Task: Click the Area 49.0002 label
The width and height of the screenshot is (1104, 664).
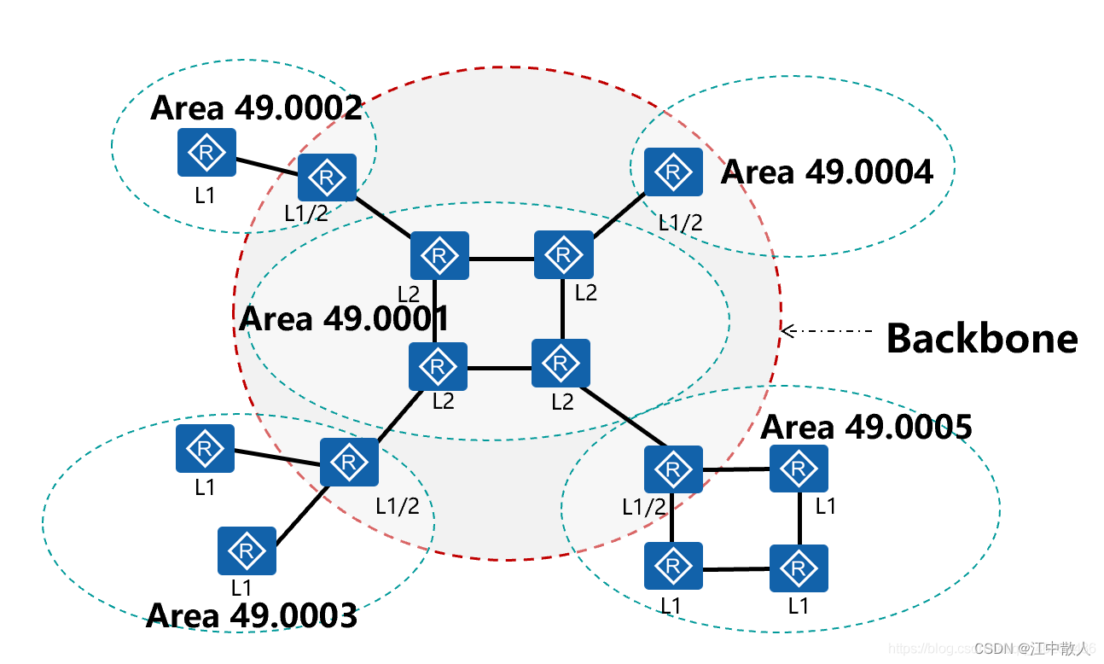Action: [x=257, y=108]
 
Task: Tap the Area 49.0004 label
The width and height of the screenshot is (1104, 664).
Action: [x=827, y=172]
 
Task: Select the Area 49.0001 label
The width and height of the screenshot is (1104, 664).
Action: [x=344, y=318]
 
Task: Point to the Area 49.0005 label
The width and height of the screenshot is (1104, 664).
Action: [x=866, y=427]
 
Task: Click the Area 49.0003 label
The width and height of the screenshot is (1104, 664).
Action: [x=252, y=615]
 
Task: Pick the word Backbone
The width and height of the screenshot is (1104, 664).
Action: [x=982, y=338]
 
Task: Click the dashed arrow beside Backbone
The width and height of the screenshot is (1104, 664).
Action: [x=826, y=329]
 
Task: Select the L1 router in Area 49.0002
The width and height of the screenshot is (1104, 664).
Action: [x=206, y=153]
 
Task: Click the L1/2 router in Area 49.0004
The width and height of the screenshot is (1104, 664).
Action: [x=673, y=172]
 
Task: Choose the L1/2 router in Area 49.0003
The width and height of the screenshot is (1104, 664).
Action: [x=349, y=462]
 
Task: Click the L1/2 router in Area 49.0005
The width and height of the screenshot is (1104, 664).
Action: [x=673, y=469]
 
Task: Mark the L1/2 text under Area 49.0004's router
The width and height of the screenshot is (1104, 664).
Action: [x=680, y=223]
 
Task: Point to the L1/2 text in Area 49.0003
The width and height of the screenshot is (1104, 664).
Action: [x=398, y=505]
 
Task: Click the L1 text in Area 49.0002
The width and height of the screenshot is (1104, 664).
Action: [x=205, y=195]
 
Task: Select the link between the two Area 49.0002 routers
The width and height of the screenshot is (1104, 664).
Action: [x=266, y=165]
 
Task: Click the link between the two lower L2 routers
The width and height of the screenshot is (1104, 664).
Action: [x=499, y=368]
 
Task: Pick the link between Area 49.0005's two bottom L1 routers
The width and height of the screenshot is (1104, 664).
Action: [x=736, y=568]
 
